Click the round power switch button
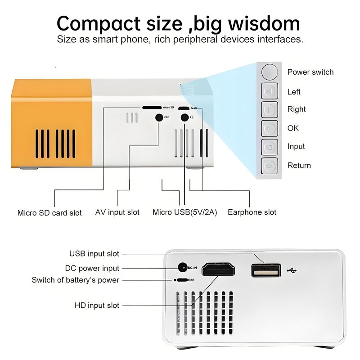270,72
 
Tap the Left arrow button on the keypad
270,91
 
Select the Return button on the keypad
270,166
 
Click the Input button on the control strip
270,147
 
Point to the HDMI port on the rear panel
218,269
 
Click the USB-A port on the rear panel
266,270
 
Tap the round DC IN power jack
183,267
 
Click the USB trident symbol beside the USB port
292,271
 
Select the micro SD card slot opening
152,108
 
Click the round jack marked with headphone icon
184,117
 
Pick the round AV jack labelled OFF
159,117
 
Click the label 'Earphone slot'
252,212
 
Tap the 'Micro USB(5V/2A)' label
184,212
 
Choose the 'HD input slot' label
97,306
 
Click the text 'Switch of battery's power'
76,280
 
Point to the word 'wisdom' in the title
264,24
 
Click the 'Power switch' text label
310,72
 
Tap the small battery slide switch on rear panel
182,280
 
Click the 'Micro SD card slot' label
49,213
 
